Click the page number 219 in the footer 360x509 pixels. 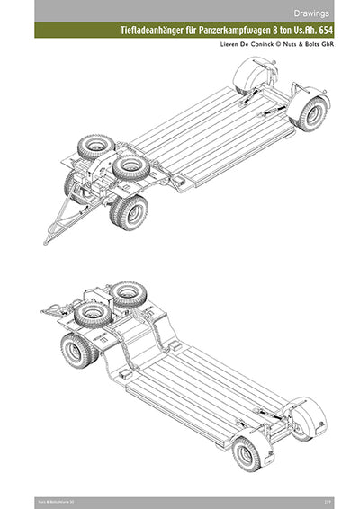pyautogui.click(x=345, y=497)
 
